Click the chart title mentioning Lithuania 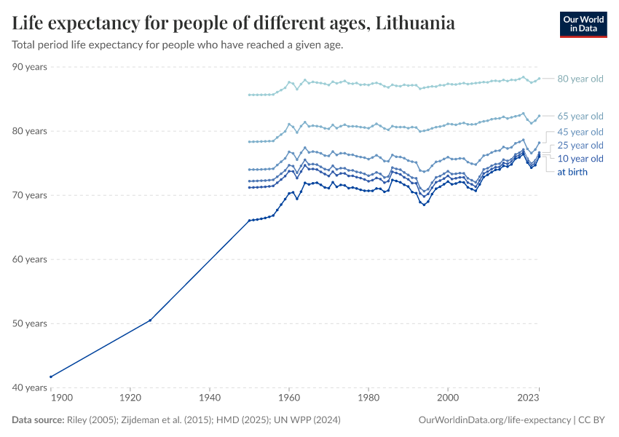(234, 23)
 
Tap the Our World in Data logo (583, 24)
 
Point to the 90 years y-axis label (30, 67)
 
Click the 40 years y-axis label (30, 387)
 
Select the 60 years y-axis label (30, 259)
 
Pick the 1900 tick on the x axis (61, 399)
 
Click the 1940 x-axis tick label (209, 399)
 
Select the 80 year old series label (580, 79)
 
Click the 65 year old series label (580, 116)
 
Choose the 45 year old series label (580, 132)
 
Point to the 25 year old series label (580, 145)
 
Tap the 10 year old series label (580, 158)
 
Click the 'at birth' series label (572, 172)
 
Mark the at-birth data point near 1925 (150, 320)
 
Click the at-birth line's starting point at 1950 (249, 220)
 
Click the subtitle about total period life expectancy (178, 45)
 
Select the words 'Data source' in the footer (37, 420)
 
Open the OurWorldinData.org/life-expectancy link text (495, 420)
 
